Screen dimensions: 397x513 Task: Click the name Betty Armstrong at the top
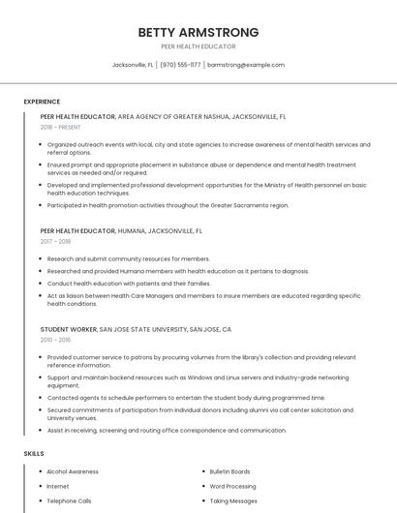pyautogui.click(x=198, y=32)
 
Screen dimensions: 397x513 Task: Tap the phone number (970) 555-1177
pyautogui.click(x=180, y=65)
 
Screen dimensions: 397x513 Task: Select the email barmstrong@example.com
pyautogui.click(x=246, y=65)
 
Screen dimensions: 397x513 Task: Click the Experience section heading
pyautogui.click(x=42, y=102)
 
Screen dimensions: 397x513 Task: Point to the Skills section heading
pyautogui.click(x=33, y=454)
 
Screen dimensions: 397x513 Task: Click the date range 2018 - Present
pyautogui.click(x=60, y=128)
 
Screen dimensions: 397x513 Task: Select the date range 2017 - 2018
pyautogui.click(x=55, y=243)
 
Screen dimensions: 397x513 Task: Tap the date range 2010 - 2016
pyautogui.click(x=55, y=340)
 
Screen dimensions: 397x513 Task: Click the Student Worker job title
pyautogui.click(x=68, y=329)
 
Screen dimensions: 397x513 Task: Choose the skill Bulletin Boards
pyautogui.click(x=229, y=471)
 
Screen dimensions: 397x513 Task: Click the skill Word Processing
pyautogui.click(x=232, y=486)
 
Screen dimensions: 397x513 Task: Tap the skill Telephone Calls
pyautogui.click(x=69, y=501)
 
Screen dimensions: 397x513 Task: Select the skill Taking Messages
pyautogui.click(x=232, y=501)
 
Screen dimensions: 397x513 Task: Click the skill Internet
pyautogui.click(x=58, y=486)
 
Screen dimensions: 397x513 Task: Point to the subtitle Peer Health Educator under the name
pyautogui.click(x=198, y=46)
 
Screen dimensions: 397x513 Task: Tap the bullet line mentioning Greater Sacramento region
pyautogui.click(x=168, y=205)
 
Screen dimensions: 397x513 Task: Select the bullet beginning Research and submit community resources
pyautogui.click(x=128, y=259)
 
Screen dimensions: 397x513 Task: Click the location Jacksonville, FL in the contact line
pyautogui.click(x=133, y=65)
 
